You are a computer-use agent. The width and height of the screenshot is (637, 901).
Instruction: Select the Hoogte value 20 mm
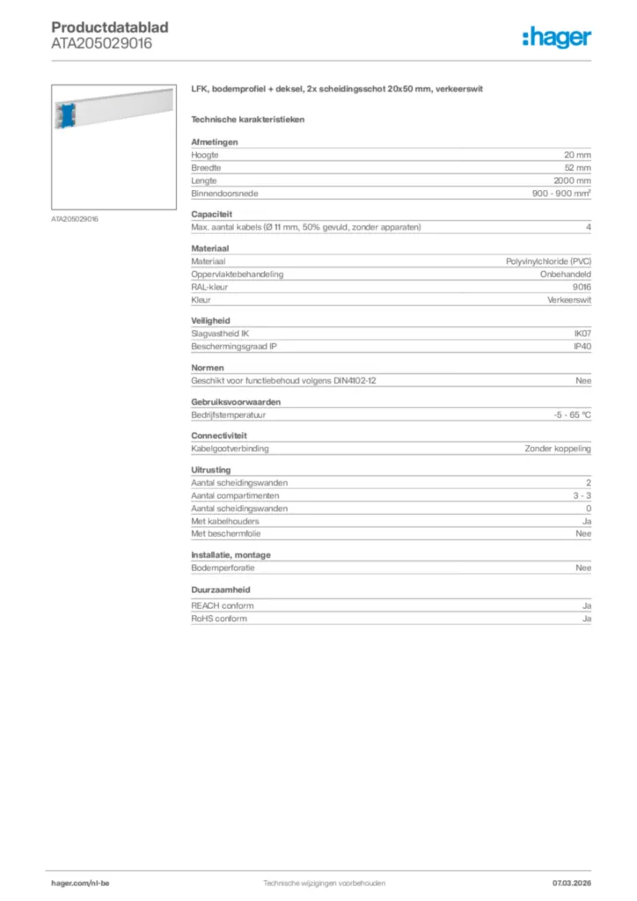(x=577, y=155)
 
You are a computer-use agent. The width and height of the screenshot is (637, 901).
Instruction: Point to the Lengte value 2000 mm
(x=572, y=180)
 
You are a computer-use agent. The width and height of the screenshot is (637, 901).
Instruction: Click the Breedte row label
(x=206, y=167)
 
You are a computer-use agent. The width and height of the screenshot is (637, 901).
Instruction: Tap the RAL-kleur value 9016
(x=582, y=287)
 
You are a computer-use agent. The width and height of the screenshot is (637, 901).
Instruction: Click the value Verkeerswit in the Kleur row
(x=569, y=300)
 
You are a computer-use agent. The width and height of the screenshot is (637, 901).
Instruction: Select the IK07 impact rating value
(x=582, y=333)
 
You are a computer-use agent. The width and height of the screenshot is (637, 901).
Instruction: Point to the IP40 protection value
(x=582, y=347)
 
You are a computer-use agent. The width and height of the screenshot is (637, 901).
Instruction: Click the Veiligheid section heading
(x=210, y=321)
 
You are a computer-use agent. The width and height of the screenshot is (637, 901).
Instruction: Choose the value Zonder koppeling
(x=558, y=448)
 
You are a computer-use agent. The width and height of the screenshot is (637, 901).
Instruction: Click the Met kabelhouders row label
(x=225, y=521)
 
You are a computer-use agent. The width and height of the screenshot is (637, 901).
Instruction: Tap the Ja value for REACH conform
(x=586, y=606)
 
